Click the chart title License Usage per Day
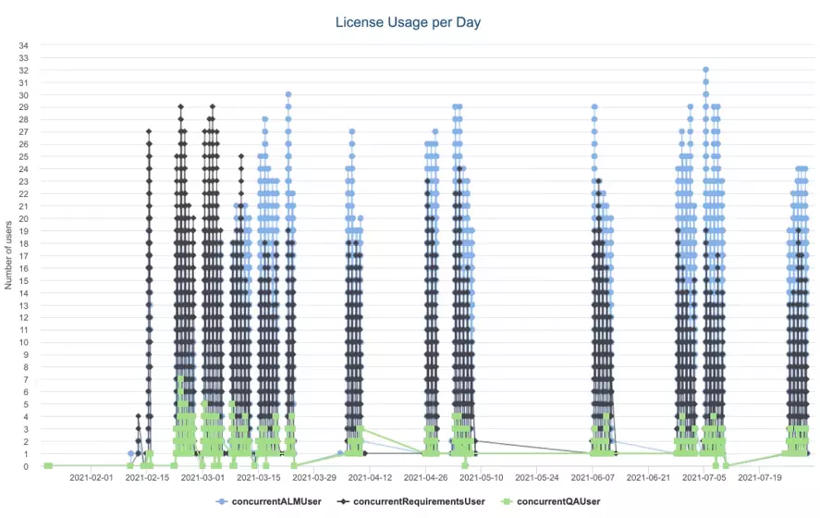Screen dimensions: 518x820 [x=410, y=21]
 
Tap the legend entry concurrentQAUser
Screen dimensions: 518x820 [x=553, y=501]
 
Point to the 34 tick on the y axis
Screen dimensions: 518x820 [x=23, y=45]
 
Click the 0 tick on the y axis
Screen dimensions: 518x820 [x=26, y=466]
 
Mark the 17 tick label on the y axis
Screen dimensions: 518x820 [x=23, y=255]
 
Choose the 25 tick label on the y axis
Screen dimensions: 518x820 [x=23, y=156]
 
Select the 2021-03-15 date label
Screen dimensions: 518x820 [x=260, y=478]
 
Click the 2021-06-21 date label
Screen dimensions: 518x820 [x=649, y=478]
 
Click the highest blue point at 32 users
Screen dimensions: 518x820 [x=705, y=69]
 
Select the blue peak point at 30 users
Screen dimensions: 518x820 [x=288, y=94]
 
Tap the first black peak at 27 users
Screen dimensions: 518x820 [x=149, y=131]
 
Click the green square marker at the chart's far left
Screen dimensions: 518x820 [x=47, y=465]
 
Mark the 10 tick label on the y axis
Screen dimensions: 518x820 [x=23, y=342]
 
